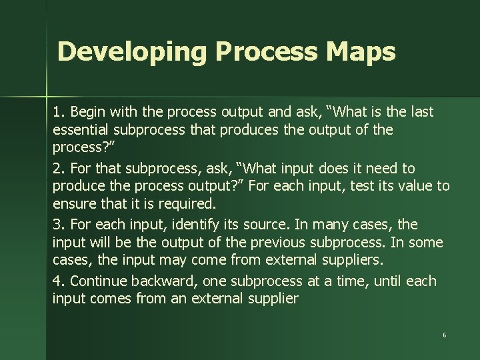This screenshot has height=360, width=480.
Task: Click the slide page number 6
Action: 444,335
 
